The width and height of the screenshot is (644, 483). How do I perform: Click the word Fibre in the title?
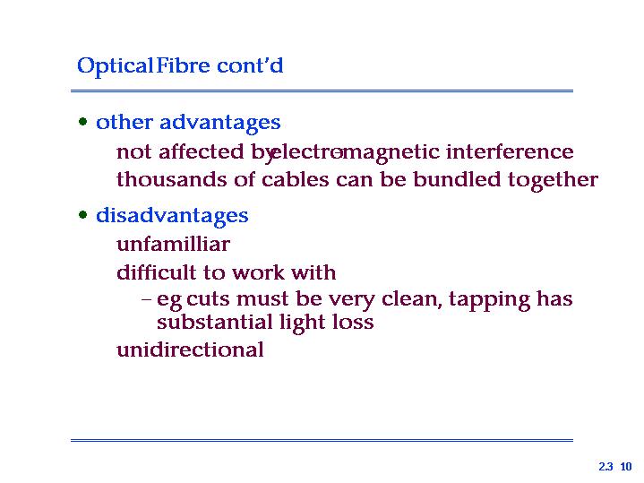pos(183,65)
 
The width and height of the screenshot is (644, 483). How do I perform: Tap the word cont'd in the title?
pos(250,65)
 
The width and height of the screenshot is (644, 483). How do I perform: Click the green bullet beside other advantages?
pos(83,122)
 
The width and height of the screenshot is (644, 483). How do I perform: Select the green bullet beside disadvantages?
pos(83,214)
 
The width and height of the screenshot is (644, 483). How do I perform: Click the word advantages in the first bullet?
pos(220,123)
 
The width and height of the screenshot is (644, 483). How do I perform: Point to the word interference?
pos(510,151)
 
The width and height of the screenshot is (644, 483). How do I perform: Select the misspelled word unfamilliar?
pos(174,244)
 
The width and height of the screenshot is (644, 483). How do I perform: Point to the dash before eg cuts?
pos(145,299)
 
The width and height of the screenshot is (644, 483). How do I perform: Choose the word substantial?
pos(214,322)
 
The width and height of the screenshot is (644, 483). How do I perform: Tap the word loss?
pos(353,322)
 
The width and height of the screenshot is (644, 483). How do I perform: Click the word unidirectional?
pos(190,349)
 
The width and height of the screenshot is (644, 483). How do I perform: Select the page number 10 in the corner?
pos(626,467)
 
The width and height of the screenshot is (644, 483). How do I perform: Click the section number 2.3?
pos(605,467)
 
